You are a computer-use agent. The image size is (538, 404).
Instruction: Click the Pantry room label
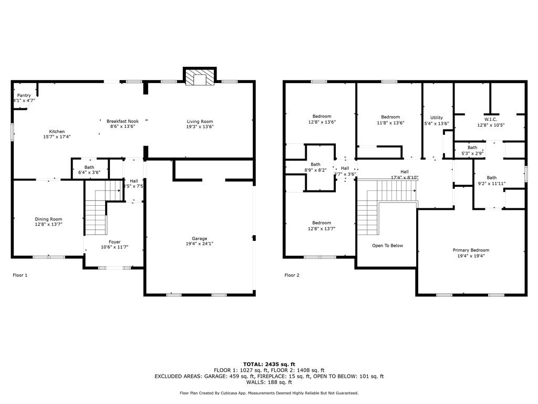tap(24, 95)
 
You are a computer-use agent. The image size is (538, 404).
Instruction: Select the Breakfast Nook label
tap(122, 121)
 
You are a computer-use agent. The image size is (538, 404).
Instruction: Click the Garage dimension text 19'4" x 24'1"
tap(199, 244)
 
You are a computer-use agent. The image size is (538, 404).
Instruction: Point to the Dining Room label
tap(48, 219)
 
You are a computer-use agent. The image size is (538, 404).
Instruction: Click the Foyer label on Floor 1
tap(115, 242)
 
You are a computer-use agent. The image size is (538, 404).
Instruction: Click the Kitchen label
tap(57, 132)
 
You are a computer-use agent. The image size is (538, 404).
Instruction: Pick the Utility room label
tap(437, 118)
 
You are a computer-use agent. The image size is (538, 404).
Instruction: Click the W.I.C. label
tap(490, 119)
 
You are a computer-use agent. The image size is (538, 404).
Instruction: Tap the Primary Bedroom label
tap(471, 250)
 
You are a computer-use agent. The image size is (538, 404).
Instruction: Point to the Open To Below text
tap(387, 246)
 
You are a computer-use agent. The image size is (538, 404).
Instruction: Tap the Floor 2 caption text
tap(292, 275)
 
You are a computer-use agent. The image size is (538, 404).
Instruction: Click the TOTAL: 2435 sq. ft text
tap(269, 364)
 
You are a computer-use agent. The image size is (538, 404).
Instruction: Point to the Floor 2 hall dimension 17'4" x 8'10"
tap(404, 177)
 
